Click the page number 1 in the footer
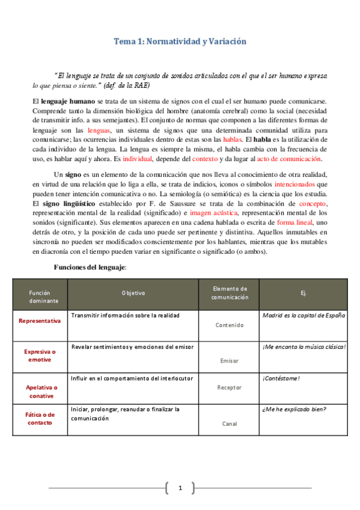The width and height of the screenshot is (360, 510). pos(180,488)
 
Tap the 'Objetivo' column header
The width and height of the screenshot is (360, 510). pos(133,293)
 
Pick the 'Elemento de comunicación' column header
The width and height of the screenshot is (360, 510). pos(230,293)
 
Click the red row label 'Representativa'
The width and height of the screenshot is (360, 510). pos(40,321)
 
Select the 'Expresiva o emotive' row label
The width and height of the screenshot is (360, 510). pos(40,355)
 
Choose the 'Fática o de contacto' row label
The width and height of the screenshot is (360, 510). pos(40,419)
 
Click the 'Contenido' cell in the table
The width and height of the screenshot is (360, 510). pos(230,325)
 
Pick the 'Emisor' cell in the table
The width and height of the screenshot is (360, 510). pos(230,361)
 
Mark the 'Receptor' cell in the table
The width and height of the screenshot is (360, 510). pos(230,387)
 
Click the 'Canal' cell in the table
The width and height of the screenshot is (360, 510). pos(230,423)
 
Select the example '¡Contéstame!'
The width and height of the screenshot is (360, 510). pos(281,378)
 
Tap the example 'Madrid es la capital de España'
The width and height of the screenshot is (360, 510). pos(304,315)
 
